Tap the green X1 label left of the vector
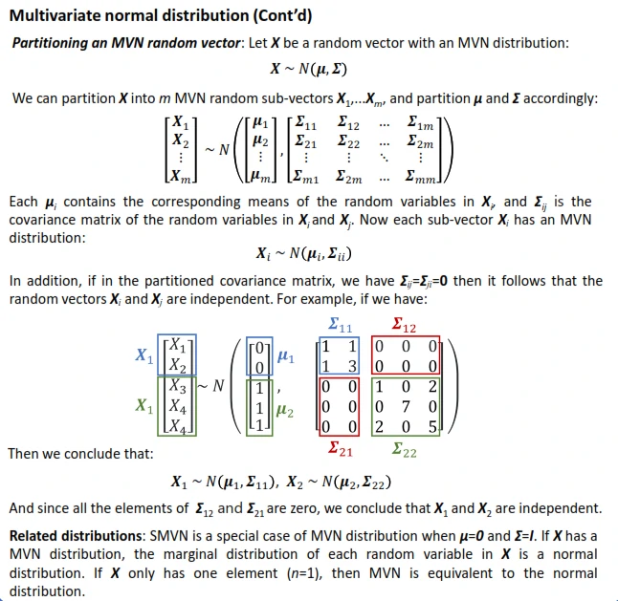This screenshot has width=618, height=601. click(143, 406)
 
